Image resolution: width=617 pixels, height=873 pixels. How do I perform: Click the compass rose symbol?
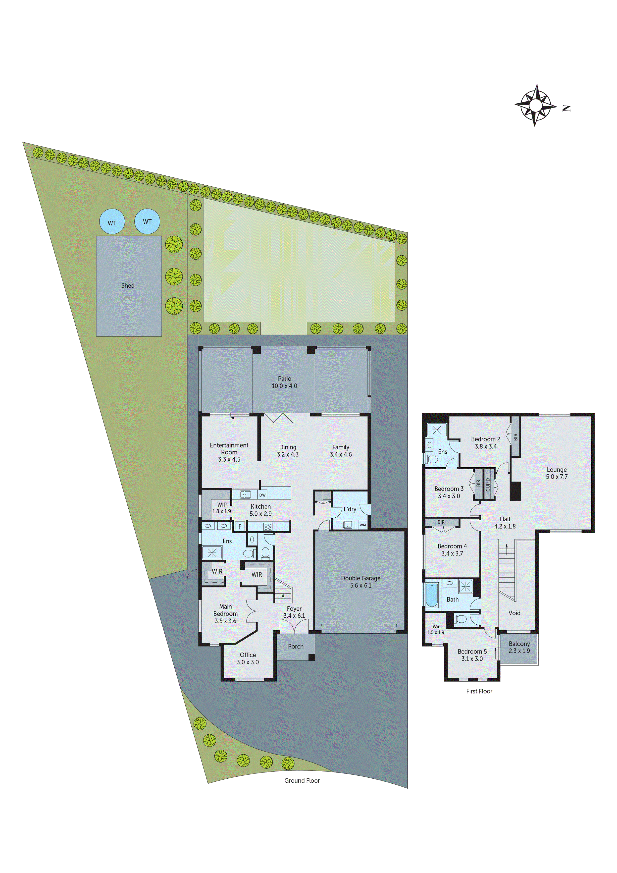click(x=535, y=105)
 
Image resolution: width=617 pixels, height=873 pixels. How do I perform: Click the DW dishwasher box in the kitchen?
click(x=262, y=495)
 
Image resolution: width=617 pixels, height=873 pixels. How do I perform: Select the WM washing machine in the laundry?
click(x=363, y=525)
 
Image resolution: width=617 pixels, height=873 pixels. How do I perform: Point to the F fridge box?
click(x=240, y=527)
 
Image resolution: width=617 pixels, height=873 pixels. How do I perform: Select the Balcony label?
click(x=519, y=644)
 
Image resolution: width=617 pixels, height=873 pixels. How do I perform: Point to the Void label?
click(x=514, y=613)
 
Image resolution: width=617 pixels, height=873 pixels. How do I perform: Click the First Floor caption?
click(x=479, y=691)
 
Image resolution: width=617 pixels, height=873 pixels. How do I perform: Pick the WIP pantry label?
click(x=222, y=504)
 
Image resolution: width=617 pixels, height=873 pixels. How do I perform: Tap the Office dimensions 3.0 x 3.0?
click(x=248, y=662)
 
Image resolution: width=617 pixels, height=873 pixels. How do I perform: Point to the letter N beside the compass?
click(x=566, y=108)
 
